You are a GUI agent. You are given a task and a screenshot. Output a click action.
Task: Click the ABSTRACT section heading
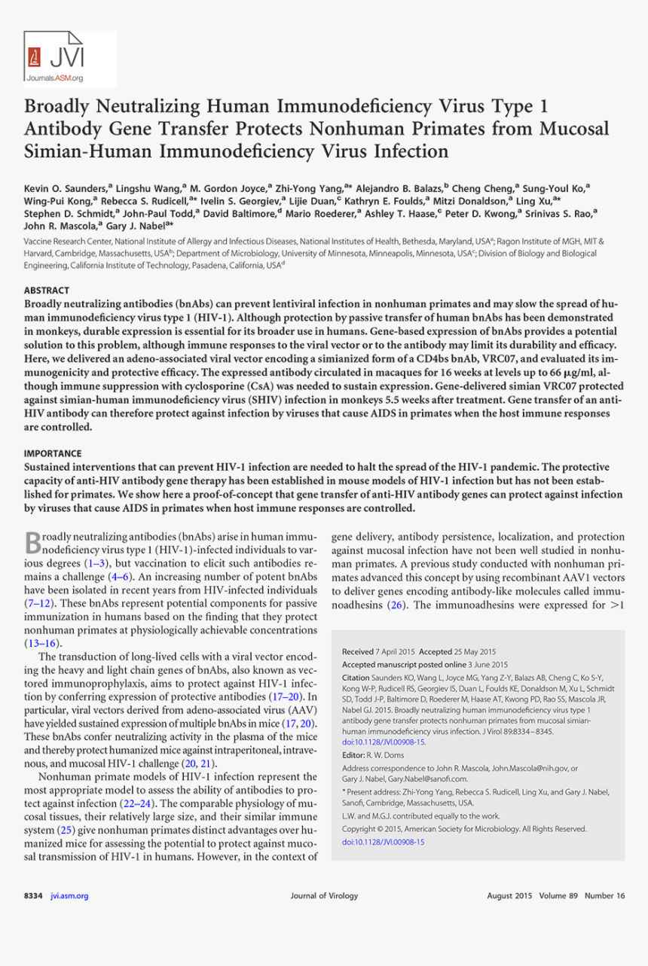(x=47, y=290)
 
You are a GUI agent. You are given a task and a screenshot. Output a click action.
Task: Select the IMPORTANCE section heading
(x=53, y=453)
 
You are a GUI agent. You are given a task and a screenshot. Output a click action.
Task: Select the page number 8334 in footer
(x=33, y=895)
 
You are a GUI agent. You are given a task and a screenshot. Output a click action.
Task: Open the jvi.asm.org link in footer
(x=69, y=895)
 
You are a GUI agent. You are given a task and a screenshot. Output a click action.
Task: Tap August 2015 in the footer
(x=509, y=895)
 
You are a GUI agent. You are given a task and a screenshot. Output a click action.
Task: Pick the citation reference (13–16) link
(x=41, y=644)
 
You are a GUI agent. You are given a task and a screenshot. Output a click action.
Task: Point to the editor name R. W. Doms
(x=386, y=754)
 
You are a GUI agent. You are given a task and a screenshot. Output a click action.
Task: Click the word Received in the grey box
(x=358, y=651)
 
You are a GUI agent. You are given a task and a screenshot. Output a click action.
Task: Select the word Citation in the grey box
(x=359, y=678)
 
